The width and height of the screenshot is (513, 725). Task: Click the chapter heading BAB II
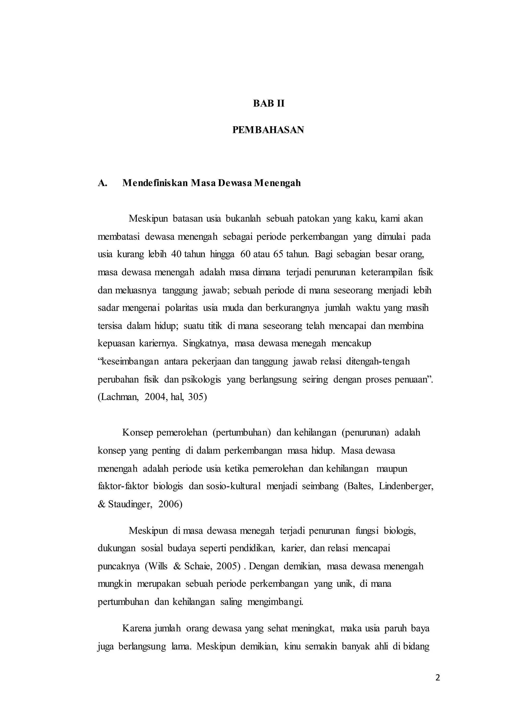tap(269, 104)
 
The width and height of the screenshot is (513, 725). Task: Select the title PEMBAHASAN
tap(268, 130)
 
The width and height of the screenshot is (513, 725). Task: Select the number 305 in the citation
tap(197, 397)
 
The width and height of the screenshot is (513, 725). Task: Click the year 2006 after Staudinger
tap(170, 504)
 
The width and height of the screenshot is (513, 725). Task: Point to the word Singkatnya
tap(206, 343)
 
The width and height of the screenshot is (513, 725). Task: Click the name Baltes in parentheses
tap(359, 486)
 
